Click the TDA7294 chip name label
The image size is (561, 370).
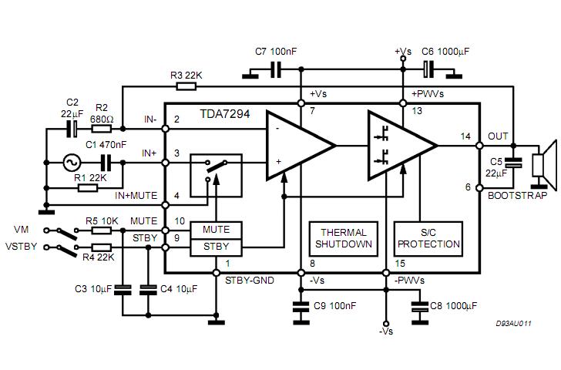[225, 114]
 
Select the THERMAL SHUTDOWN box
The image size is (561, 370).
[344, 239]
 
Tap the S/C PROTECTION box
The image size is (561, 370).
[428, 239]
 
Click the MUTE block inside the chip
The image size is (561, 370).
[216, 230]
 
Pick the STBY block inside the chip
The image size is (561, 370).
[216, 247]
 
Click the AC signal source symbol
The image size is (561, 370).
[72, 163]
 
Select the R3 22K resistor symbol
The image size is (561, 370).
[186, 86]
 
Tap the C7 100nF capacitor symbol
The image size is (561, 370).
[276, 69]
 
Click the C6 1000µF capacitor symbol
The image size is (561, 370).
[428, 69]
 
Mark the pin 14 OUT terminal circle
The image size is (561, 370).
[479, 146]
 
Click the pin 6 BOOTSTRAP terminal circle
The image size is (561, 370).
[479, 188]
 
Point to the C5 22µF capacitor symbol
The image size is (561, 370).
[513, 163]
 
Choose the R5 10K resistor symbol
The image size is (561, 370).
[102, 230]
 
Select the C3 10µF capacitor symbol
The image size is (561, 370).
[123, 290]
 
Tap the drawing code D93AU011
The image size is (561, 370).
[513, 324]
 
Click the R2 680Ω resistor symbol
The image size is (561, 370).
[102, 129]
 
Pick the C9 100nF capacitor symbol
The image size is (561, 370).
[301, 307]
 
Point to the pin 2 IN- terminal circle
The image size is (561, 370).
[165, 129]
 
